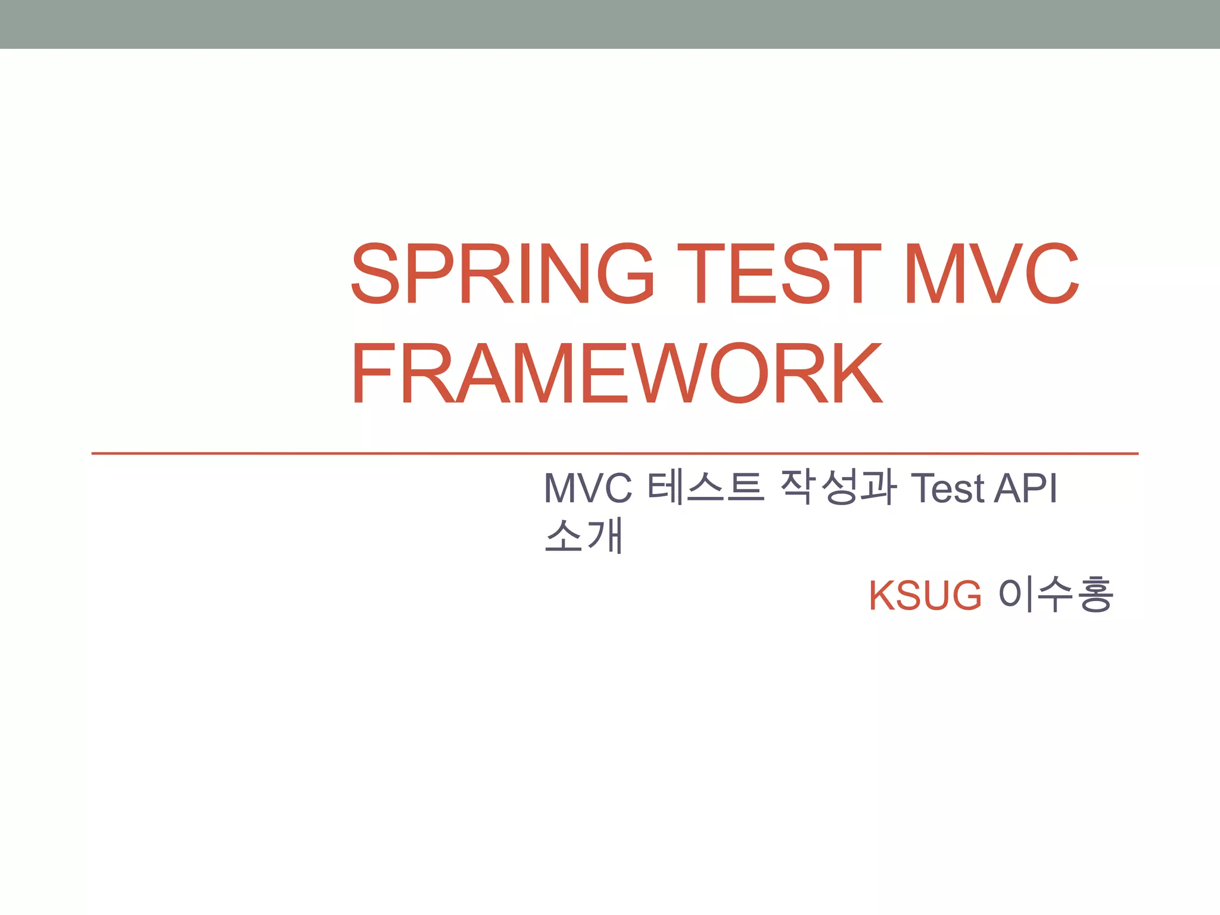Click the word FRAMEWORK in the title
tap(617, 374)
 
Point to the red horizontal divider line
tap(614, 453)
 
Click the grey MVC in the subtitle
tap(588, 488)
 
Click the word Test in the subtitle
tap(948, 488)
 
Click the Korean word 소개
tap(584, 536)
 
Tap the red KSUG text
tap(925, 595)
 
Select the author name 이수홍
tap(1055, 595)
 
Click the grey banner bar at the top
tap(610, 24)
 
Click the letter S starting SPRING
tap(375, 273)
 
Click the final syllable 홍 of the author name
tap(1095, 595)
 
